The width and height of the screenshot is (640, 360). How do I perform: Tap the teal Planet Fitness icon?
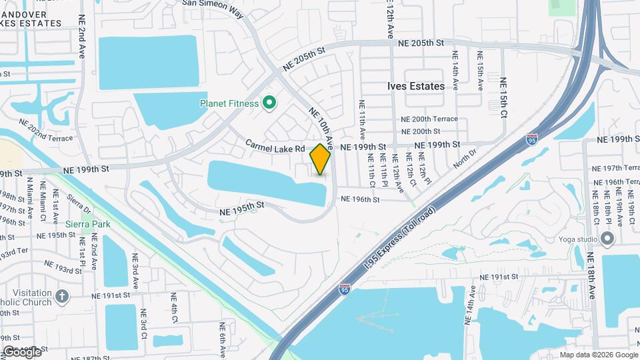coord(269,103)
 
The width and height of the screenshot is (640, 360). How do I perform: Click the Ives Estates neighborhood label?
coord(416,86)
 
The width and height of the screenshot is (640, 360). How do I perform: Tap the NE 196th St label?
coord(360,199)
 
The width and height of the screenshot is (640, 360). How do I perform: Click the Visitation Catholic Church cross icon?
coord(62,296)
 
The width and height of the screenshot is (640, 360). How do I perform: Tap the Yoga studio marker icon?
coord(607,239)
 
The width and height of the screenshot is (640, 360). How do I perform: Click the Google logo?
coord(22,351)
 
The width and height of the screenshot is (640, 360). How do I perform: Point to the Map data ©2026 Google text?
coord(599,355)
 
